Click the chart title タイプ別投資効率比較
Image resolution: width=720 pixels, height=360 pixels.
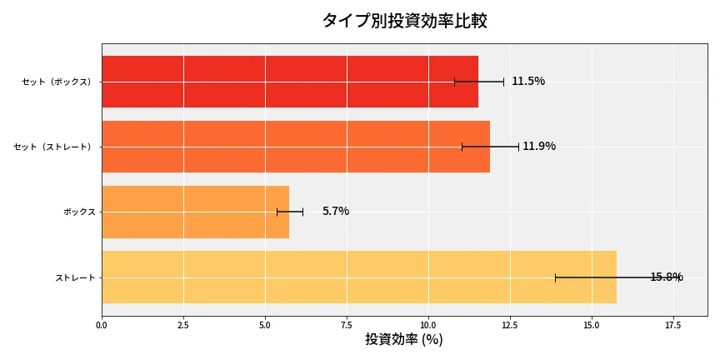[404, 21]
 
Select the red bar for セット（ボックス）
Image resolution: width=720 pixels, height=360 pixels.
[289, 82]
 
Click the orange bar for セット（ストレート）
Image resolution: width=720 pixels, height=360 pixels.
[295, 147]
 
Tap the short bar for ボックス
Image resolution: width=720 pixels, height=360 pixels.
[195, 212]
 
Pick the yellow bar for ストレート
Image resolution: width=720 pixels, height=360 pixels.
[358, 277]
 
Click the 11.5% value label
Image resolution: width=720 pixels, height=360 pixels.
[528, 82]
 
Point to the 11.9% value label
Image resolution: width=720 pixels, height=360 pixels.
[539, 147]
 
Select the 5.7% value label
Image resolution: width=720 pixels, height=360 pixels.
[336, 212]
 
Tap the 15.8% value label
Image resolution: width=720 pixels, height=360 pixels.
[667, 277]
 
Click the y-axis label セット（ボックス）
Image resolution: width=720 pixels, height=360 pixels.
[57, 82]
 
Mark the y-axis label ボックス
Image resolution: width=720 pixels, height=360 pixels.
[79, 212]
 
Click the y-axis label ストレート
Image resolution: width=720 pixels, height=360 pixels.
[75, 277]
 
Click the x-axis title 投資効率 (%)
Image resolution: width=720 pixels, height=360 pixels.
[404, 340]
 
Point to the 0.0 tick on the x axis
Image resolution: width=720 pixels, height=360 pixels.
[102, 324]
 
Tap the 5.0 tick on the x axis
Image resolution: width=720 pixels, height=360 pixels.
[265, 324]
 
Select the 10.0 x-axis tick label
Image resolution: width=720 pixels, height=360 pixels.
[428, 324]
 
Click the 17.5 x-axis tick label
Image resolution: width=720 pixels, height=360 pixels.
[673, 324]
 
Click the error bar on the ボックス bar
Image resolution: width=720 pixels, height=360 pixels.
[290, 212]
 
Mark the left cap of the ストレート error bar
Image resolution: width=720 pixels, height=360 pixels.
[555, 277]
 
